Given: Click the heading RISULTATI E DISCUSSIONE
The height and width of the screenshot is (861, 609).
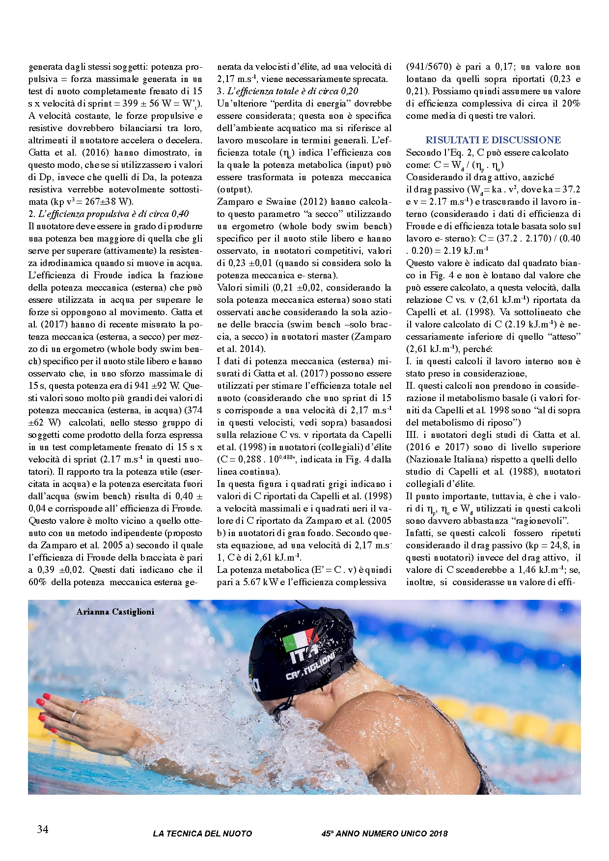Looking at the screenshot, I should [493, 140].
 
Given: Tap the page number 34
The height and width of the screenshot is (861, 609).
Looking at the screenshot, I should [43, 829].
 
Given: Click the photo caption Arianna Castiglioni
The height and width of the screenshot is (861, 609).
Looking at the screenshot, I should [115, 612].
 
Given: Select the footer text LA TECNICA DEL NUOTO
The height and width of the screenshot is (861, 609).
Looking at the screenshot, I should [202, 834].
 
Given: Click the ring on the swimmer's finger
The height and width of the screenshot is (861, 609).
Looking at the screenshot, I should [74, 716].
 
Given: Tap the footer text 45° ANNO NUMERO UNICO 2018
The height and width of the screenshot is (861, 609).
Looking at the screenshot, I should [385, 834].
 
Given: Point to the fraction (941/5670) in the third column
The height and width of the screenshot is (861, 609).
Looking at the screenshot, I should [429, 67].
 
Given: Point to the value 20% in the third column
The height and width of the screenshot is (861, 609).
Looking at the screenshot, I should [569, 104].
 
